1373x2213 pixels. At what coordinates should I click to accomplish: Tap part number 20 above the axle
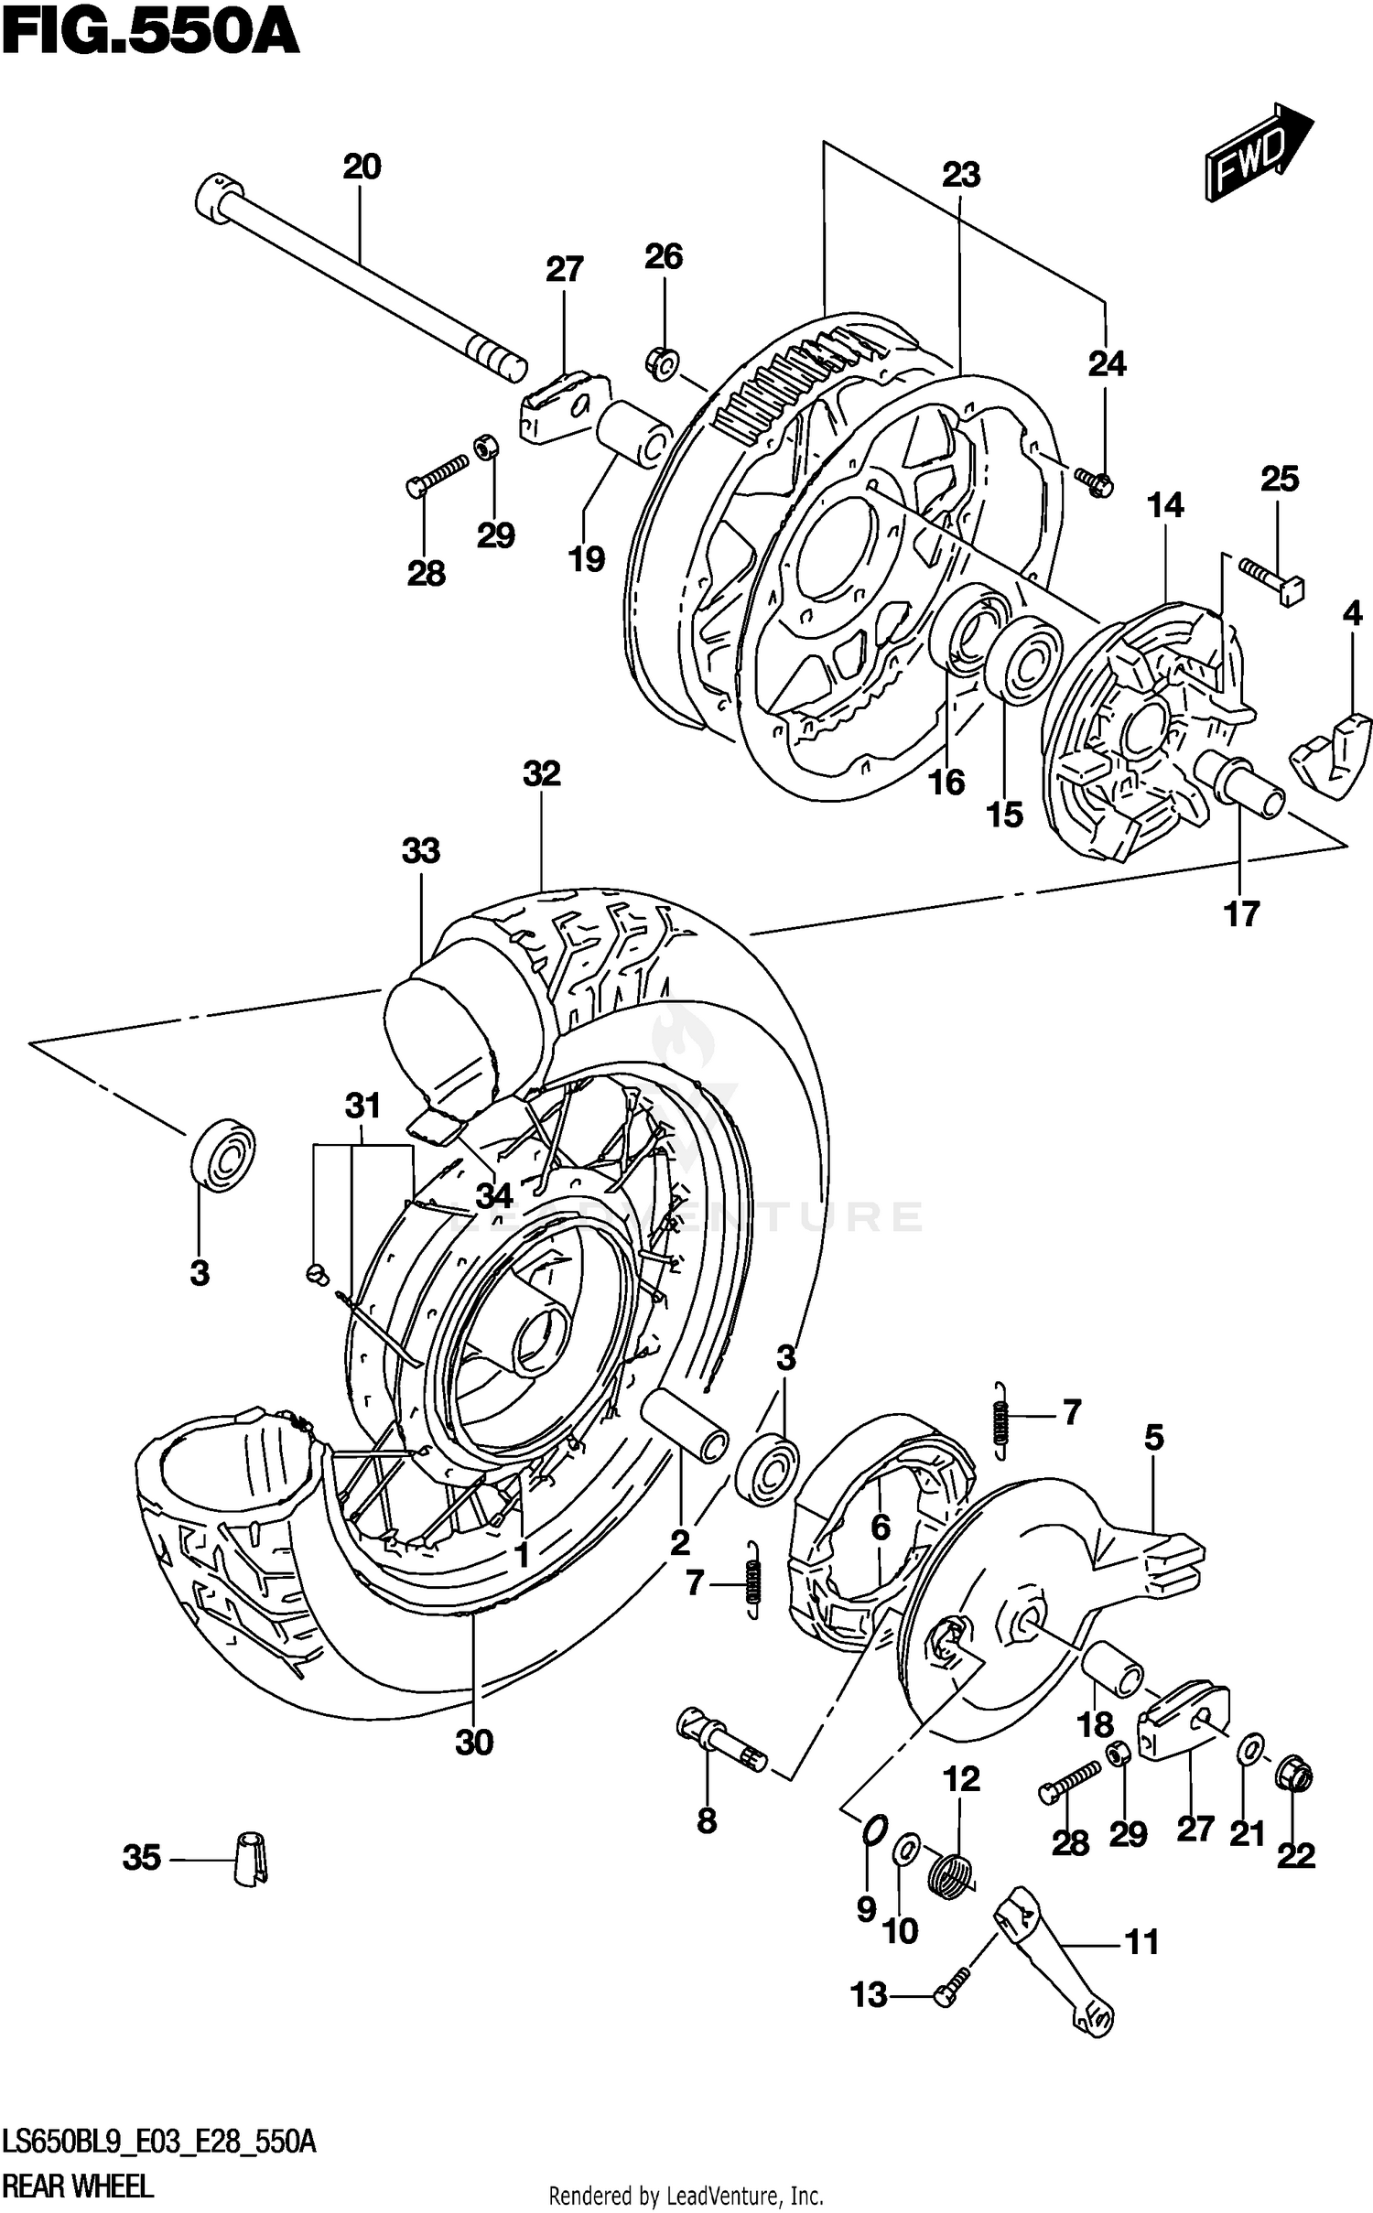pyautogui.click(x=362, y=167)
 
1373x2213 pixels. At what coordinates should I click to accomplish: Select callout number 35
pyautogui.click(x=141, y=1858)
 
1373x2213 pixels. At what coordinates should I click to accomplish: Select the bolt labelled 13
pyautogui.click(x=946, y=1997)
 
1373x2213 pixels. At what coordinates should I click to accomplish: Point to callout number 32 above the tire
pyautogui.click(x=541, y=774)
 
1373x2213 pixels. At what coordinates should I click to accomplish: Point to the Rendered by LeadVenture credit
pyautogui.click(x=686, y=2196)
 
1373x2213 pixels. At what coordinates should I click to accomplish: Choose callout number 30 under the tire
pyautogui.click(x=474, y=1743)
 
